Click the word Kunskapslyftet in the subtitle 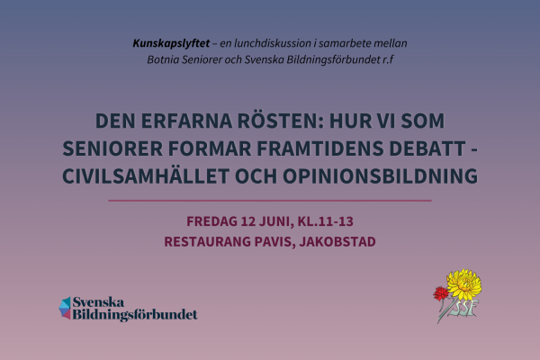(x=170, y=43)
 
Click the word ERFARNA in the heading (x=177, y=121)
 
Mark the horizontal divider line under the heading (x=270, y=200)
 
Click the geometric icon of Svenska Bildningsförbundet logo (x=65, y=308)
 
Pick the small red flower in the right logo (x=440, y=292)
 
